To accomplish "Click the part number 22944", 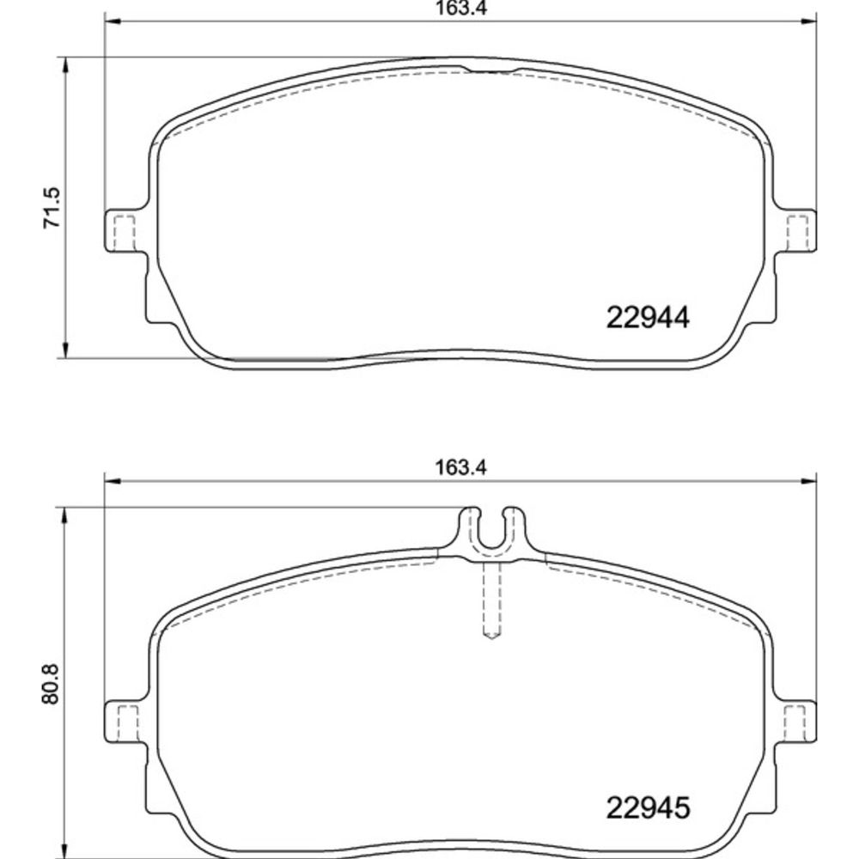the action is (x=647, y=317).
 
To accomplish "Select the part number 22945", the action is (x=647, y=807).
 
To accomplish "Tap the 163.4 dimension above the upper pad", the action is (x=460, y=9).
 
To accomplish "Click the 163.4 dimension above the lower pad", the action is (x=460, y=467).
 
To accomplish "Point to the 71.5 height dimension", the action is (x=52, y=208).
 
